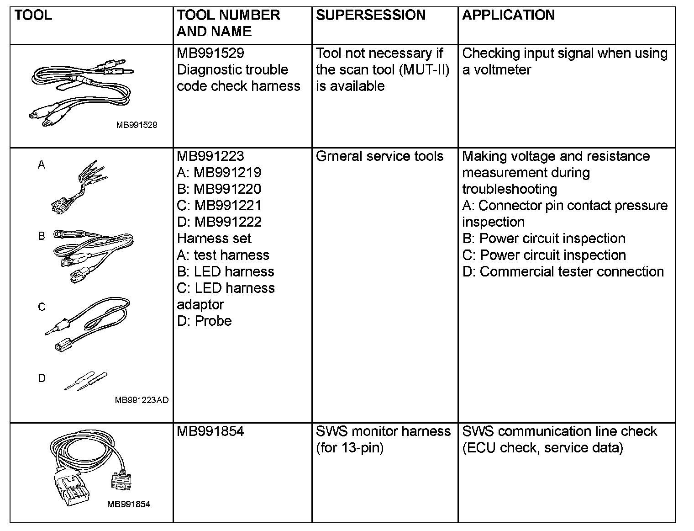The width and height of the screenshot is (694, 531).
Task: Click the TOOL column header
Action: point(33,15)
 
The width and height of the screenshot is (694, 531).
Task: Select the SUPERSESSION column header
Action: point(370,15)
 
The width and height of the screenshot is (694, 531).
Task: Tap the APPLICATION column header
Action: point(508,15)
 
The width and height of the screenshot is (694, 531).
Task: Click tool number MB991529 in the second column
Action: point(210,53)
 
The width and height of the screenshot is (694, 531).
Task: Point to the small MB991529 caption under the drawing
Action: point(137,125)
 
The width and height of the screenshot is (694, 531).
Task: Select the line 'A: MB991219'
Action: point(219,173)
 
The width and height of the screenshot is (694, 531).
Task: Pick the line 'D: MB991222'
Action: point(219,222)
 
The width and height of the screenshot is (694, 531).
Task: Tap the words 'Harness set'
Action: point(214,239)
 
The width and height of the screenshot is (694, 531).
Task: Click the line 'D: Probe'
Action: point(204,321)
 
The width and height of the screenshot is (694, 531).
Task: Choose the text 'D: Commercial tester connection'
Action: point(563,271)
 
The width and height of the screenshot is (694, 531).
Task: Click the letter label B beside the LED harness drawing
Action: point(42,236)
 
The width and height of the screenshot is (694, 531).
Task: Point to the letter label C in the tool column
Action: point(42,307)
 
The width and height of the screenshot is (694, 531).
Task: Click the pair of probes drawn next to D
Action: point(86,381)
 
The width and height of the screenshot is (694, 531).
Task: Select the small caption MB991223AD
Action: point(142,400)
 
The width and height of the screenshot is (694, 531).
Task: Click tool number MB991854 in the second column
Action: point(210,431)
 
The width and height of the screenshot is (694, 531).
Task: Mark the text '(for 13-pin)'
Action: point(349,448)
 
